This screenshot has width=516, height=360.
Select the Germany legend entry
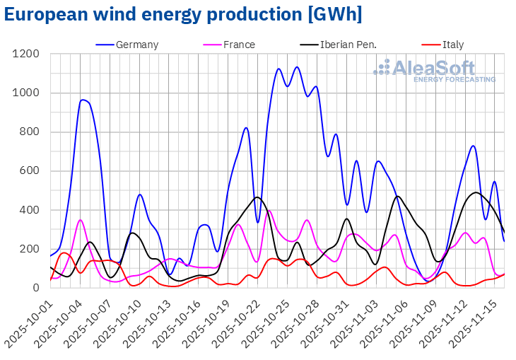137,45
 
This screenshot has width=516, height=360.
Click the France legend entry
239,45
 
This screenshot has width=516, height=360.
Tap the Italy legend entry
453,45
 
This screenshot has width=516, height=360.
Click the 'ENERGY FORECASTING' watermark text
455,79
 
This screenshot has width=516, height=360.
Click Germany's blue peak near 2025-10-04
83,100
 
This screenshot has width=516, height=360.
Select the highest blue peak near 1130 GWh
297,67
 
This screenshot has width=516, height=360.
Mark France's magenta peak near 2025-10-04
81,220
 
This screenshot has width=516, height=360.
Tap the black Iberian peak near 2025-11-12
475,192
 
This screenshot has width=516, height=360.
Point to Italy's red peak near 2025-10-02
64,252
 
